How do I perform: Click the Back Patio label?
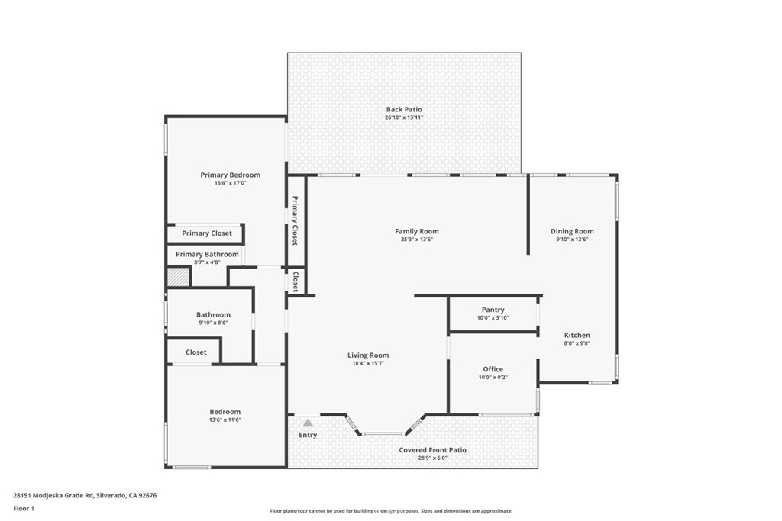pos(404,110)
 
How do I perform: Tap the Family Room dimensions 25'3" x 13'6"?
pos(417,239)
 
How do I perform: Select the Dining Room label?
pos(572,231)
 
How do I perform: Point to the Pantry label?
pos(493,310)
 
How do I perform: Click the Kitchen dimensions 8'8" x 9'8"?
pos(577,343)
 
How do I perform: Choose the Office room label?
pos(493,369)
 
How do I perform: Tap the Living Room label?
pos(368,355)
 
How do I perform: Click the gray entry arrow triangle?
pos(309,423)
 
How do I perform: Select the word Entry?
pos(308,435)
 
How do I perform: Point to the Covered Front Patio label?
pos(432,450)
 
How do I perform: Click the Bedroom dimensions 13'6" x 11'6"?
pos(225,420)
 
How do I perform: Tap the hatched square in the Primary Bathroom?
pos(178,277)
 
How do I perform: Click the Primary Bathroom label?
pos(207,254)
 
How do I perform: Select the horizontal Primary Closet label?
pos(207,233)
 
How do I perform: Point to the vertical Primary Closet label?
pos(295,220)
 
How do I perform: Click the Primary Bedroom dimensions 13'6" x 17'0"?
pos(231,183)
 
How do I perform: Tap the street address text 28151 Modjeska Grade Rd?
pos(53,496)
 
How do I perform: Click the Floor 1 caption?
pos(24,509)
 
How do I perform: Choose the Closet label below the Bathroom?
pos(196,352)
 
